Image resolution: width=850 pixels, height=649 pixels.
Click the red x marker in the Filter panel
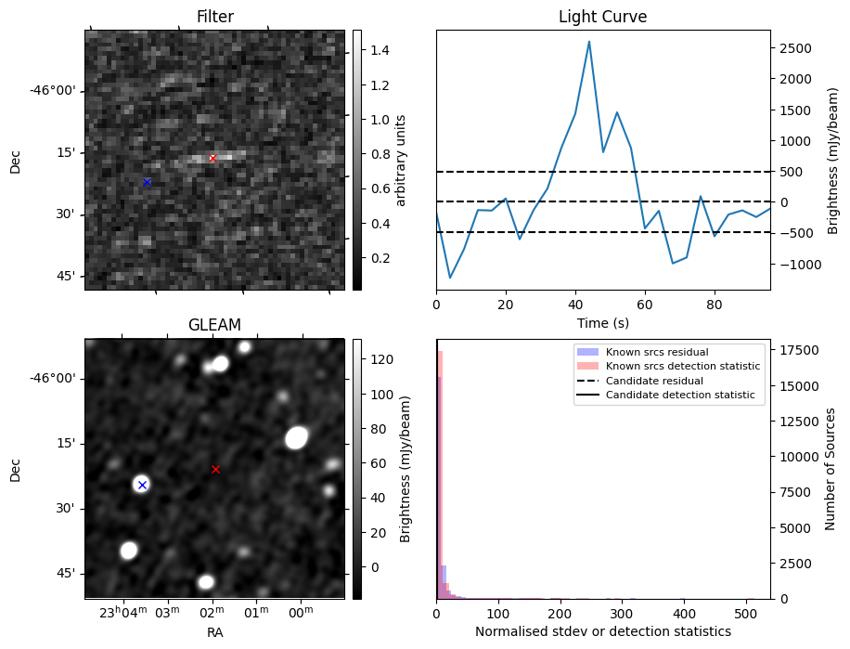coord(212,159)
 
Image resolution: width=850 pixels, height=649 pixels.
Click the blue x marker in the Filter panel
coord(147,182)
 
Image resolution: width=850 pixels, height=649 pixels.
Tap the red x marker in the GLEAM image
coord(215,470)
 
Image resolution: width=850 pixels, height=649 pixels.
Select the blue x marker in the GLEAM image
coord(142,485)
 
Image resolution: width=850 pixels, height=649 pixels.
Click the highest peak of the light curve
coord(589,42)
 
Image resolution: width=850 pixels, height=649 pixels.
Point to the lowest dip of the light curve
coord(450,278)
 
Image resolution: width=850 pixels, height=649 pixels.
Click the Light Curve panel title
coord(602,18)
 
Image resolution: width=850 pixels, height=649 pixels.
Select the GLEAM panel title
coord(214,325)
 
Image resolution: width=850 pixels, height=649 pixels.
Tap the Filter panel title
coord(214,18)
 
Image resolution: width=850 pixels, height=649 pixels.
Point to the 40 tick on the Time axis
coord(575,304)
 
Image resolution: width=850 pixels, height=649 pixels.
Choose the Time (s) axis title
coord(602,321)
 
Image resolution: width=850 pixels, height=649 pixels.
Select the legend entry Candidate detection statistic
coord(682,396)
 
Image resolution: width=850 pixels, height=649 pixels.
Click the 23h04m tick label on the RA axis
coord(122,613)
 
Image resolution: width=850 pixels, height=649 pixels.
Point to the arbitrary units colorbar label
coord(402,160)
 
